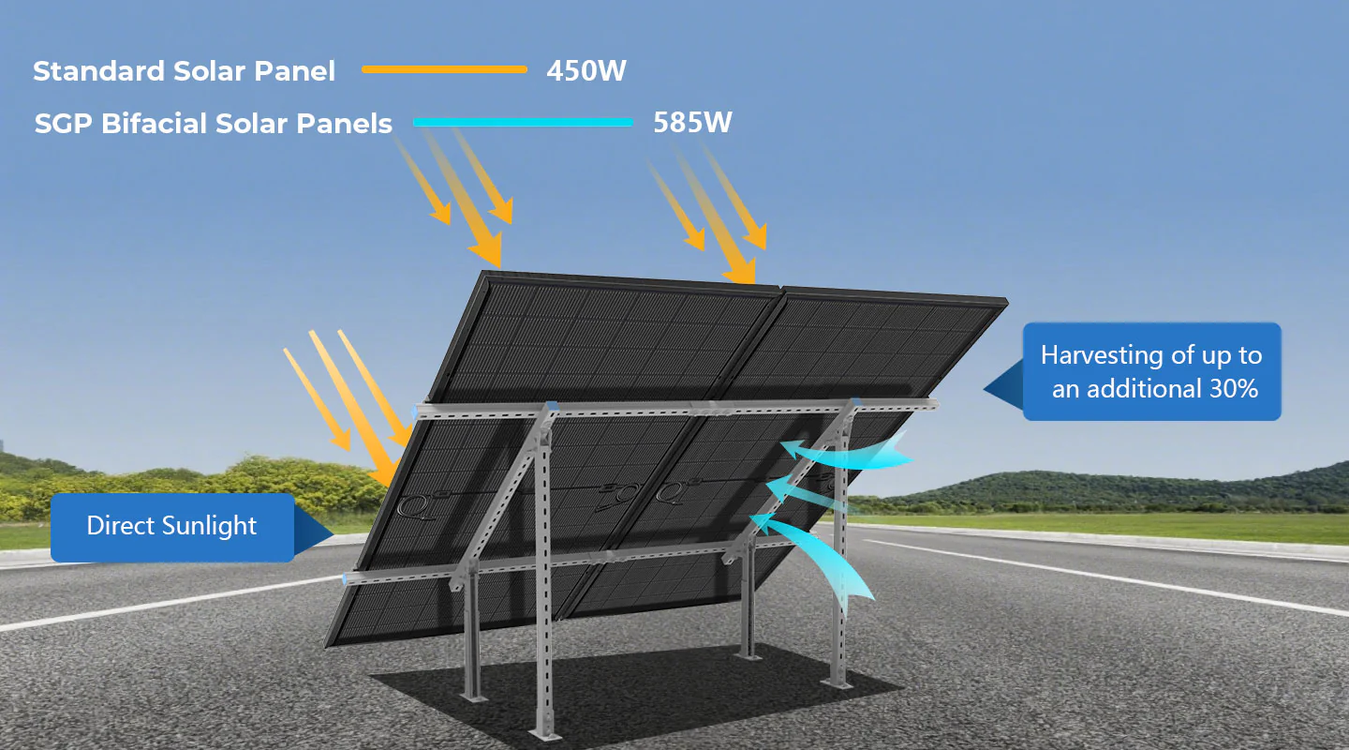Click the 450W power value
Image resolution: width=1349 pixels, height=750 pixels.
[x=586, y=70]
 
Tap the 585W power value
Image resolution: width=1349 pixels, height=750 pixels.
[x=691, y=123]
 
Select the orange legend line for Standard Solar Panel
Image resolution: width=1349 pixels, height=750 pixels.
[x=444, y=69]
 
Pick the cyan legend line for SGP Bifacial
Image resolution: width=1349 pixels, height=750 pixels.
[x=523, y=122]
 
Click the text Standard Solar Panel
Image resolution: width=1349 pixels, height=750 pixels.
[x=184, y=71]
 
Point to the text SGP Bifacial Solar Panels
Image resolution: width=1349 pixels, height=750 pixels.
[x=213, y=124]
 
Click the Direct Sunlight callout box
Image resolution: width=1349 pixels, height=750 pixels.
[x=171, y=527]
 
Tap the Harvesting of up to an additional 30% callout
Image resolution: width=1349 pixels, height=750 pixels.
[x=1151, y=371]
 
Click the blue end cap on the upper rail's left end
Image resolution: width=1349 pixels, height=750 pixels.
[x=417, y=412]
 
